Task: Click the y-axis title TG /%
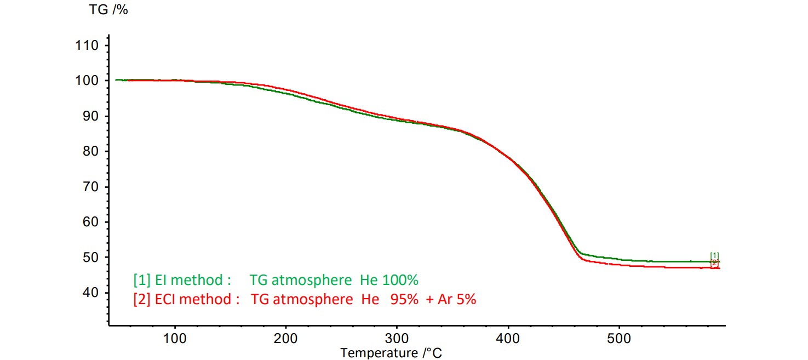point(108,9)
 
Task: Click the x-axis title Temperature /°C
point(391,352)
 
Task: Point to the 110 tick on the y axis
point(87,45)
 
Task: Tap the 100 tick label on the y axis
point(87,81)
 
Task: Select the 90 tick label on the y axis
point(90,116)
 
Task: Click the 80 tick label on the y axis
point(90,151)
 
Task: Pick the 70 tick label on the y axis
point(90,187)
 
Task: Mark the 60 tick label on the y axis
point(90,222)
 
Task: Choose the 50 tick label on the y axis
point(90,258)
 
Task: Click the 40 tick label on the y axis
point(90,293)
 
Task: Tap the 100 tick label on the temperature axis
point(175,339)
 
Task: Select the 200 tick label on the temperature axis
point(286,339)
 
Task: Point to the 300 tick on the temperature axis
point(397,339)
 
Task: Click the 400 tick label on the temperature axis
point(508,339)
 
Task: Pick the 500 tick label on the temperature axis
point(620,339)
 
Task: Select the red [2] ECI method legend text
point(186,300)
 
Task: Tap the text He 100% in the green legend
point(389,281)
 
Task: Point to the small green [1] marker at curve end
point(714,255)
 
